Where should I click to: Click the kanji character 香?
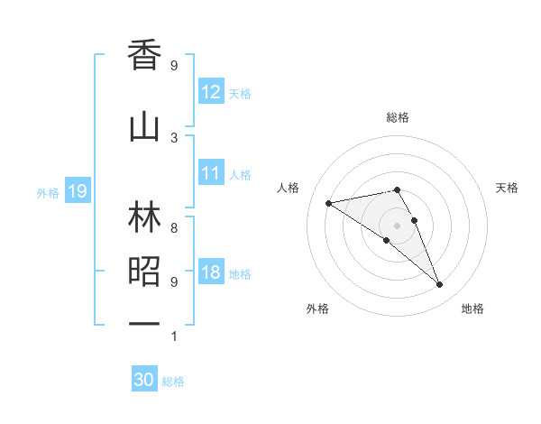click(x=144, y=55)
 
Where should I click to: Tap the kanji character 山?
click(x=144, y=127)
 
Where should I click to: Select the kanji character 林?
click(x=144, y=218)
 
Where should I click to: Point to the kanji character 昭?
click(x=144, y=272)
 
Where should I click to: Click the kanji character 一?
click(x=144, y=323)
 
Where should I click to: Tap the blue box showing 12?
click(x=211, y=92)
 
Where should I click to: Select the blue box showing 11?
click(x=211, y=173)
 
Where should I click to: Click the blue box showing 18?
click(x=211, y=273)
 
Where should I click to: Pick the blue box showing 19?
click(x=77, y=191)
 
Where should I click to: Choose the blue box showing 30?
click(x=144, y=380)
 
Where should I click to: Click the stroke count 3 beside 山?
click(x=174, y=137)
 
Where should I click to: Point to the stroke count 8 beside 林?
click(x=174, y=228)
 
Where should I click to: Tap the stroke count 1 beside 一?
click(x=174, y=336)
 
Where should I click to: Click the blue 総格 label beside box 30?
click(x=173, y=382)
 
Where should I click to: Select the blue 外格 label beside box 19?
click(x=48, y=192)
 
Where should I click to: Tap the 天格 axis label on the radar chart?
click(x=507, y=188)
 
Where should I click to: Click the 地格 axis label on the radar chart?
click(x=472, y=309)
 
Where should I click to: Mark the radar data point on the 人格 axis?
click(x=328, y=202)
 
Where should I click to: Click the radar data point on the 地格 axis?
click(x=440, y=285)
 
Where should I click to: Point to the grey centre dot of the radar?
click(x=397, y=225)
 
